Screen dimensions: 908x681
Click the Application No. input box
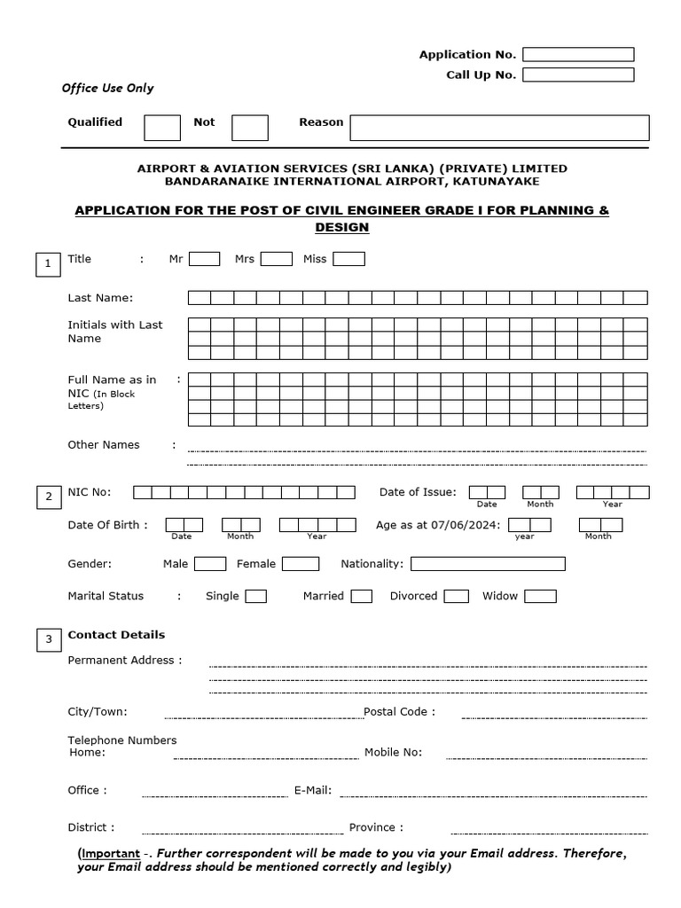(x=578, y=55)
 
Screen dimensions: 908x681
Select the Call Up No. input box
(x=578, y=74)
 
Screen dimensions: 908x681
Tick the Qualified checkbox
(x=162, y=128)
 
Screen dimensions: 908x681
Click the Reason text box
(x=498, y=128)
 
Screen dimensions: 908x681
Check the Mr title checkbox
(x=204, y=259)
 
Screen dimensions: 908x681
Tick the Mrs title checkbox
(x=276, y=259)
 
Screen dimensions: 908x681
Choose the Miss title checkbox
(x=348, y=259)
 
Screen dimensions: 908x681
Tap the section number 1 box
(x=48, y=264)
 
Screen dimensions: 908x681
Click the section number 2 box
(x=48, y=497)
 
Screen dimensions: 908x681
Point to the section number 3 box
(x=48, y=639)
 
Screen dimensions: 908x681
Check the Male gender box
(x=210, y=564)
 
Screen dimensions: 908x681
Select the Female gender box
(x=301, y=564)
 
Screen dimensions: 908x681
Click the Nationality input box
(x=488, y=564)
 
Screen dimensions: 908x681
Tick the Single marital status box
(x=255, y=597)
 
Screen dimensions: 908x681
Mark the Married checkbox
(x=361, y=597)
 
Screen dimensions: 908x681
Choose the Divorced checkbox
(x=456, y=597)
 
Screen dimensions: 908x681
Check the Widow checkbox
(x=540, y=597)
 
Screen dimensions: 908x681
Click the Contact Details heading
(x=116, y=635)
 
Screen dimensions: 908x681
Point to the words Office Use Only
(x=107, y=89)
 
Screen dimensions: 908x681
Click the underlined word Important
(x=111, y=853)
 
